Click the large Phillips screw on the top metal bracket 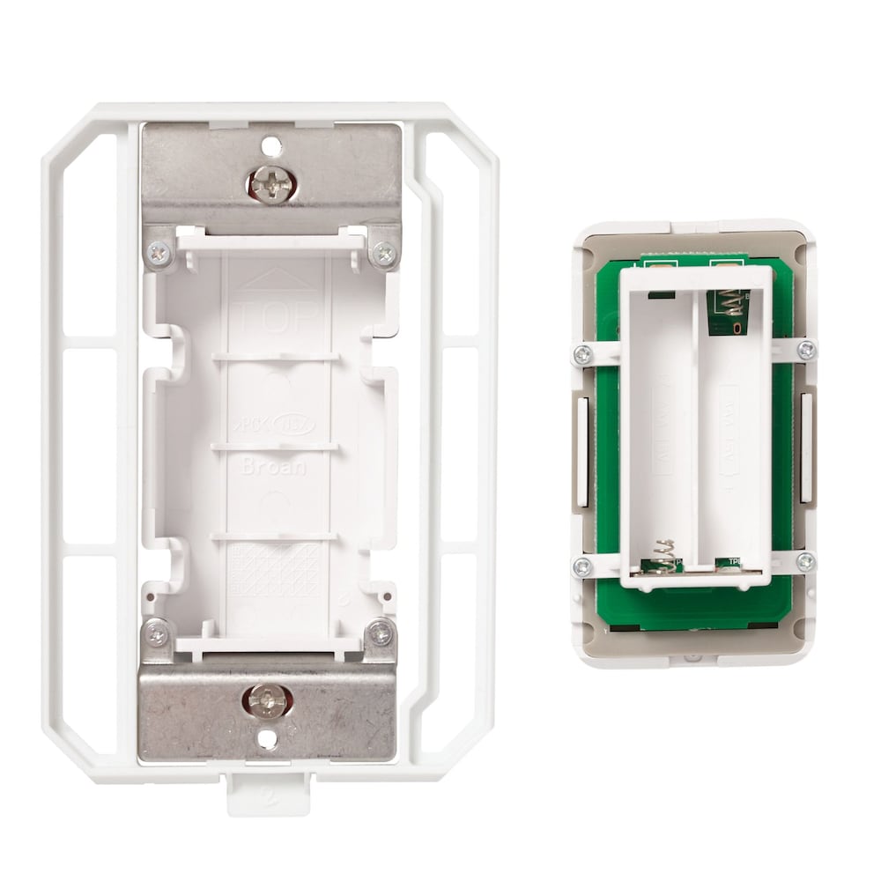point(270,183)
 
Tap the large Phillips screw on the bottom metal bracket point(267,700)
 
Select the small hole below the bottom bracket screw point(268,741)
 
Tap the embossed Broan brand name point(273,466)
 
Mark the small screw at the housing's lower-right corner point(381,632)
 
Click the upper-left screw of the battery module point(581,354)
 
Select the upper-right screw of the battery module point(805,350)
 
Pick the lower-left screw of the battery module point(581,566)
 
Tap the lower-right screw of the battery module point(805,561)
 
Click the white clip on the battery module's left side point(582,451)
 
